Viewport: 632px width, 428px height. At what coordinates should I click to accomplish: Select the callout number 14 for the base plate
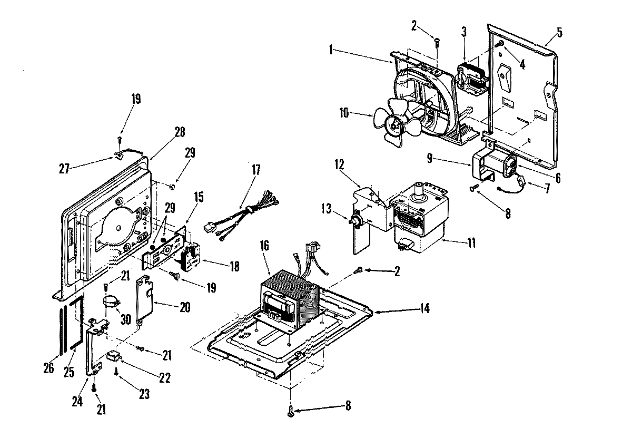(x=424, y=309)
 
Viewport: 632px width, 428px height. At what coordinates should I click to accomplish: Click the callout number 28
(x=180, y=132)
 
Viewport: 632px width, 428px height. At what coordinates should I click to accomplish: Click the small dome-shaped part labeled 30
(x=111, y=301)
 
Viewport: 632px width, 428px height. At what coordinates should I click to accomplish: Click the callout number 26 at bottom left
(x=48, y=367)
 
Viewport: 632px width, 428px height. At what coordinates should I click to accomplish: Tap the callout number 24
(x=77, y=401)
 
